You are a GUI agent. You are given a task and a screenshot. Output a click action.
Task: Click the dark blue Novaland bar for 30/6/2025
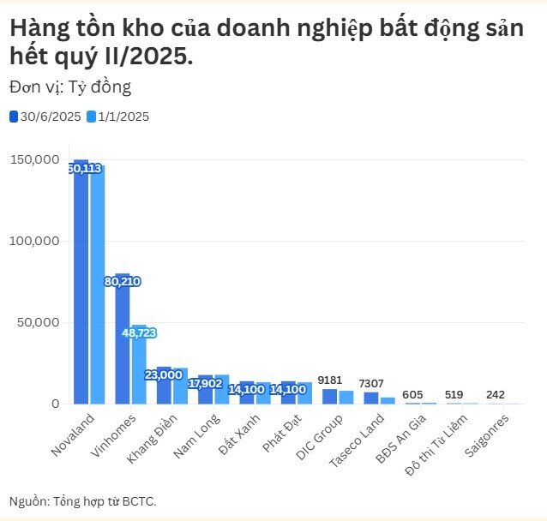click(x=81, y=283)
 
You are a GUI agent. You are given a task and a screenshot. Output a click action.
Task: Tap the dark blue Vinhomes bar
click(x=123, y=343)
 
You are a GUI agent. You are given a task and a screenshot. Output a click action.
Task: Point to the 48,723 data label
click(x=139, y=332)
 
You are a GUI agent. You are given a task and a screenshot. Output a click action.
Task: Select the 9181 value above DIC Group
click(x=330, y=379)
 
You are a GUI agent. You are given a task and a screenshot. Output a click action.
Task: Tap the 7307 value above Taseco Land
click(x=371, y=382)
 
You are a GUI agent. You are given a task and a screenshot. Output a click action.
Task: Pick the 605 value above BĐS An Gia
click(x=413, y=393)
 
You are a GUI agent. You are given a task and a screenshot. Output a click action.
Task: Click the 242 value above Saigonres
click(x=496, y=394)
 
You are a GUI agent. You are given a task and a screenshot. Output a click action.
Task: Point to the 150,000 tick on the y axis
click(x=34, y=160)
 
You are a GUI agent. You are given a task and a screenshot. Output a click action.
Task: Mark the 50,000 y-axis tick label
click(x=38, y=322)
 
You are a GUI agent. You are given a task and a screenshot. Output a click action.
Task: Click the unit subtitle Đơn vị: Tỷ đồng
click(x=70, y=87)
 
